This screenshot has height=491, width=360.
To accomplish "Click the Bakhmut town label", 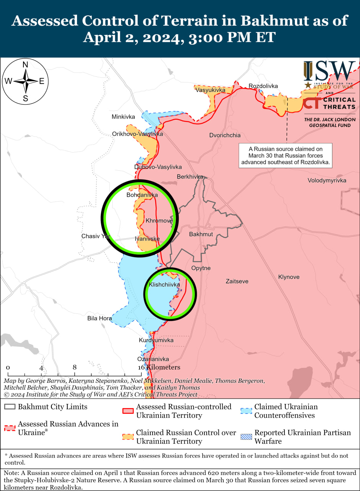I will (201, 234).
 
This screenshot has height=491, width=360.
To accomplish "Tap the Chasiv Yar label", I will (95, 236).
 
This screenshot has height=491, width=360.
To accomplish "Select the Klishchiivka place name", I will (164, 285).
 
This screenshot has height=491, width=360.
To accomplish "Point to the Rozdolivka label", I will (263, 86).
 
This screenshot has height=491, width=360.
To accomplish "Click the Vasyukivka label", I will (210, 90).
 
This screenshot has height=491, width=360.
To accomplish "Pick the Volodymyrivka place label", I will (327, 180).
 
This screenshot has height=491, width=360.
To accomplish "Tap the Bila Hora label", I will (100, 318).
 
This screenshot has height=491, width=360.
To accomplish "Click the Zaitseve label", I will (237, 281).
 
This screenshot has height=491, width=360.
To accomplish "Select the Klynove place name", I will (289, 277).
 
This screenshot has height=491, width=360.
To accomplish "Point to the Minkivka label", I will (123, 117).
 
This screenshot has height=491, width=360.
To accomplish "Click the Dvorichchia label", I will (225, 135).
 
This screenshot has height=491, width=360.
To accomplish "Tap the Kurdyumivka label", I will (156, 340).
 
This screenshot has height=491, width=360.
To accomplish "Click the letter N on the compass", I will (25, 65).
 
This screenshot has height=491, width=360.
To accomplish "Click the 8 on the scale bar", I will (74, 367).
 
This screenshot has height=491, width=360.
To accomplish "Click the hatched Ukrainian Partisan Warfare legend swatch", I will (247, 437).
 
